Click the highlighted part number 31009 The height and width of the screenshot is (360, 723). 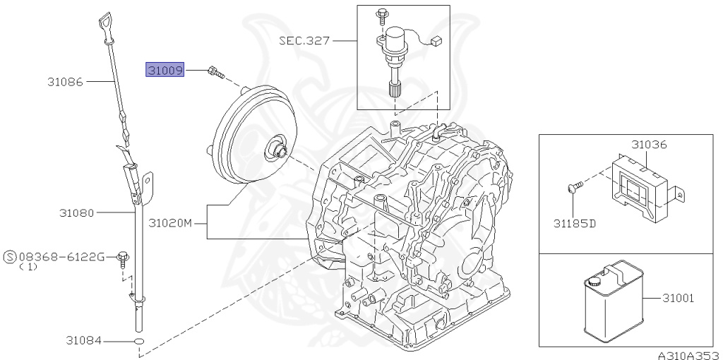click(x=165, y=70)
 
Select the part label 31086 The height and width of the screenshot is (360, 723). click(x=66, y=82)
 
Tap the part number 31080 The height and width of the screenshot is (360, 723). click(x=77, y=212)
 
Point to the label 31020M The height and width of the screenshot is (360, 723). click(x=170, y=224)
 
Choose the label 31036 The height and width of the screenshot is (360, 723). click(x=649, y=144)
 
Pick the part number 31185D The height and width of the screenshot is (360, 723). click(x=574, y=224)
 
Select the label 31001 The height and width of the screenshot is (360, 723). click(x=678, y=298)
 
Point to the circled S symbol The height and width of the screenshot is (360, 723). click(x=10, y=256)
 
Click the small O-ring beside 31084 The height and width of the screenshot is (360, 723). click(x=139, y=342)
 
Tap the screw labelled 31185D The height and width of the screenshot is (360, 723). click(x=573, y=187)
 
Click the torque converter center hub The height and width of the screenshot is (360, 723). click(x=275, y=150)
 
